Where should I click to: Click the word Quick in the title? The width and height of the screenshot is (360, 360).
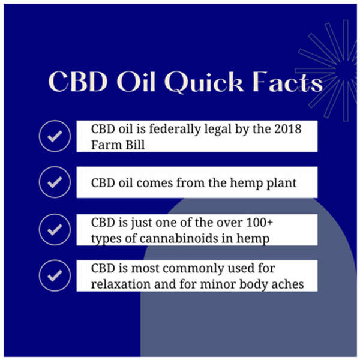click(x=204, y=82)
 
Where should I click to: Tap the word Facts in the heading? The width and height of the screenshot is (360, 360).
click(x=287, y=82)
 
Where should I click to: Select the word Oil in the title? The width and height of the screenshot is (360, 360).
click(x=136, y=82)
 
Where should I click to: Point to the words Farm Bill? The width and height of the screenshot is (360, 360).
click(x=118, y=145)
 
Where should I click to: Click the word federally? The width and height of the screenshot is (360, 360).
click(x=175, y=130)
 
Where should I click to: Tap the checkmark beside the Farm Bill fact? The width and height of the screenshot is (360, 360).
click(x=55, y=136)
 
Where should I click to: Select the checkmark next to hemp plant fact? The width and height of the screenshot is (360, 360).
click(x=55, y=182)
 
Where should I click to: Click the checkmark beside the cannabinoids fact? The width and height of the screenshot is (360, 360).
click(x=55, y=230)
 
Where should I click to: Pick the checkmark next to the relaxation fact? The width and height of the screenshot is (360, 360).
click(x=55, y=275)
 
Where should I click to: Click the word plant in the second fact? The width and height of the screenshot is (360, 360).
click(x=281, y=184)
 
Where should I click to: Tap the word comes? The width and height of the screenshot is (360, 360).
click(x=155, y=184)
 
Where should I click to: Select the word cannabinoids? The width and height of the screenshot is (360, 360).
click(x=179, y=238)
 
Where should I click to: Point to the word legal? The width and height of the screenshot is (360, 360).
click(x=218, y=130)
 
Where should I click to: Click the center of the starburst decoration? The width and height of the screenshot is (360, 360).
click(x=346, y=70)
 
